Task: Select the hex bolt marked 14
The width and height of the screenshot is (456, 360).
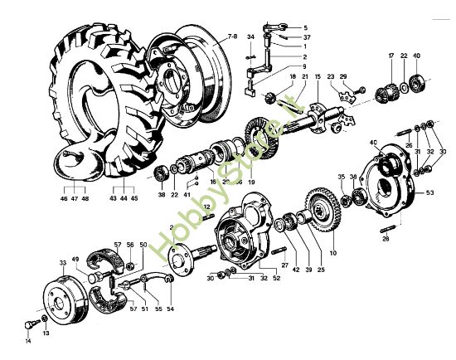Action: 31,324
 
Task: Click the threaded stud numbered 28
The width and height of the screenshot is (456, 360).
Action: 386,229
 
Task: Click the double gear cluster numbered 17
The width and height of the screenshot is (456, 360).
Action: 386,89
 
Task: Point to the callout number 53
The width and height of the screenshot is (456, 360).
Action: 429,192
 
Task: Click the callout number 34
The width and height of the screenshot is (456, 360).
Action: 250,37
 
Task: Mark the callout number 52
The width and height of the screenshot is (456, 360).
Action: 276,278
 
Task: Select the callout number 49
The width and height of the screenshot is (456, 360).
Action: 75,259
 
